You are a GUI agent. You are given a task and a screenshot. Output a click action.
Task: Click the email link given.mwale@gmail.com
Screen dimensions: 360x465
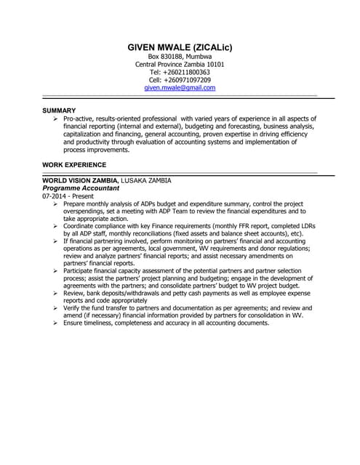[x=180, y=87]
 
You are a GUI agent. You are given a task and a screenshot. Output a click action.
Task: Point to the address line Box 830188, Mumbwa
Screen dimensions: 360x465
[x=180, y=57]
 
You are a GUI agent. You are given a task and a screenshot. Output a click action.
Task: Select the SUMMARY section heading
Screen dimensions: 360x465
[x=60, y=110]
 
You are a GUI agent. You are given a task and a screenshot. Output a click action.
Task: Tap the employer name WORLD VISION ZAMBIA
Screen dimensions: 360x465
[x=79, y=180]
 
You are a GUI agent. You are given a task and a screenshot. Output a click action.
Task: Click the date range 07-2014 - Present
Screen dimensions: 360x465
[x=67, y=196]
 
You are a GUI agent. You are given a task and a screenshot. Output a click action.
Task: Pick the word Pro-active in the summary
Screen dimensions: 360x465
[x=79, y=118]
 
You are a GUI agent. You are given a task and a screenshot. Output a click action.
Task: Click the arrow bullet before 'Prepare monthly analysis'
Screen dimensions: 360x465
[x=56, y=204]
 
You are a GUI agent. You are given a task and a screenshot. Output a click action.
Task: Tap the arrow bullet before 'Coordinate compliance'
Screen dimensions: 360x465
[x=56, y=227]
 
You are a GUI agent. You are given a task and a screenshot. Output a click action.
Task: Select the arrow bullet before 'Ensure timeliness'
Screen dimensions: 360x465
[x=56, y=323]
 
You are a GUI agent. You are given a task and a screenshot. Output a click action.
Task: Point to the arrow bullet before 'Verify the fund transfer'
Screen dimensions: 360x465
[x=56, y=308]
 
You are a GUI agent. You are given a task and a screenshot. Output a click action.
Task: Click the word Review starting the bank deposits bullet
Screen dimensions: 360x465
[x=74, y=293]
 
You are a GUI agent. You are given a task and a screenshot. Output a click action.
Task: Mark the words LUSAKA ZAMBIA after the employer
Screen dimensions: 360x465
[x=146, y=180]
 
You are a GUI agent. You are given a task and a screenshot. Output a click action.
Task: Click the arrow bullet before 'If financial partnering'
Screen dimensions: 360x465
[x=56, y=241]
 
